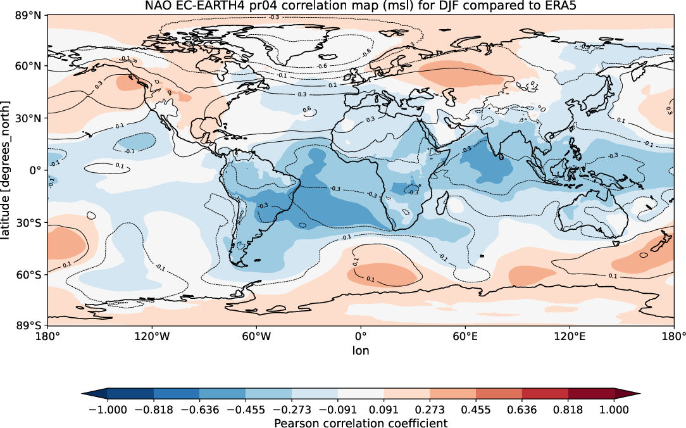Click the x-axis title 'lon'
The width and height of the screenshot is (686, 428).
(361, 350)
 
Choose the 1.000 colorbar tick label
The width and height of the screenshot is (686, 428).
(614, 410)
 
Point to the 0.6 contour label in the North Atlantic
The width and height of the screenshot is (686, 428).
(306, 110)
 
